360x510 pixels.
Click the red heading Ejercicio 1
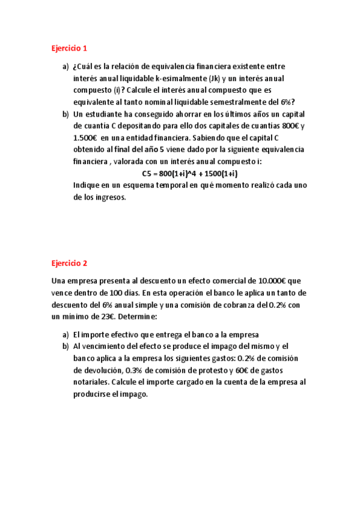[69, 48]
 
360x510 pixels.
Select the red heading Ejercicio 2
[69, 263]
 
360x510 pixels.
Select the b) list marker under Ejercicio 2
[66, 346]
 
